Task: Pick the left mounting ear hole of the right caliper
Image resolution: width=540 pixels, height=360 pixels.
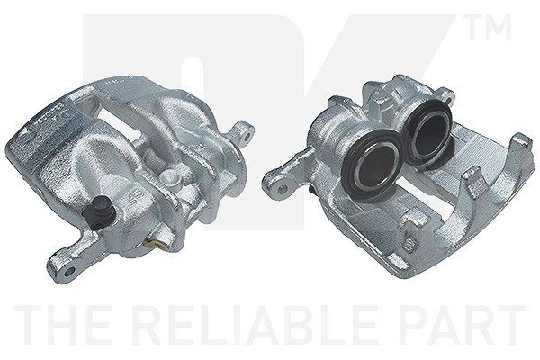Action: coord(283,188)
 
